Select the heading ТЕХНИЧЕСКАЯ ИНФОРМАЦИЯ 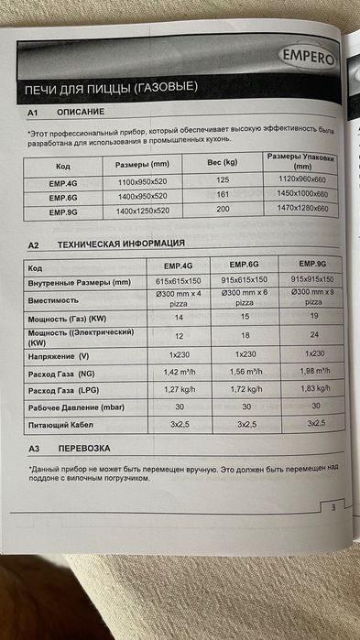[x=121, y=245]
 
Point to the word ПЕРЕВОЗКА [x=83, y=450]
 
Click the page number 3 [x=333, y=508]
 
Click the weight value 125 [x=222, y=181]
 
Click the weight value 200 [x=222, y=210]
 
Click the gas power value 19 [x=308, y=316]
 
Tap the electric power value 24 [x=308, y=335]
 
